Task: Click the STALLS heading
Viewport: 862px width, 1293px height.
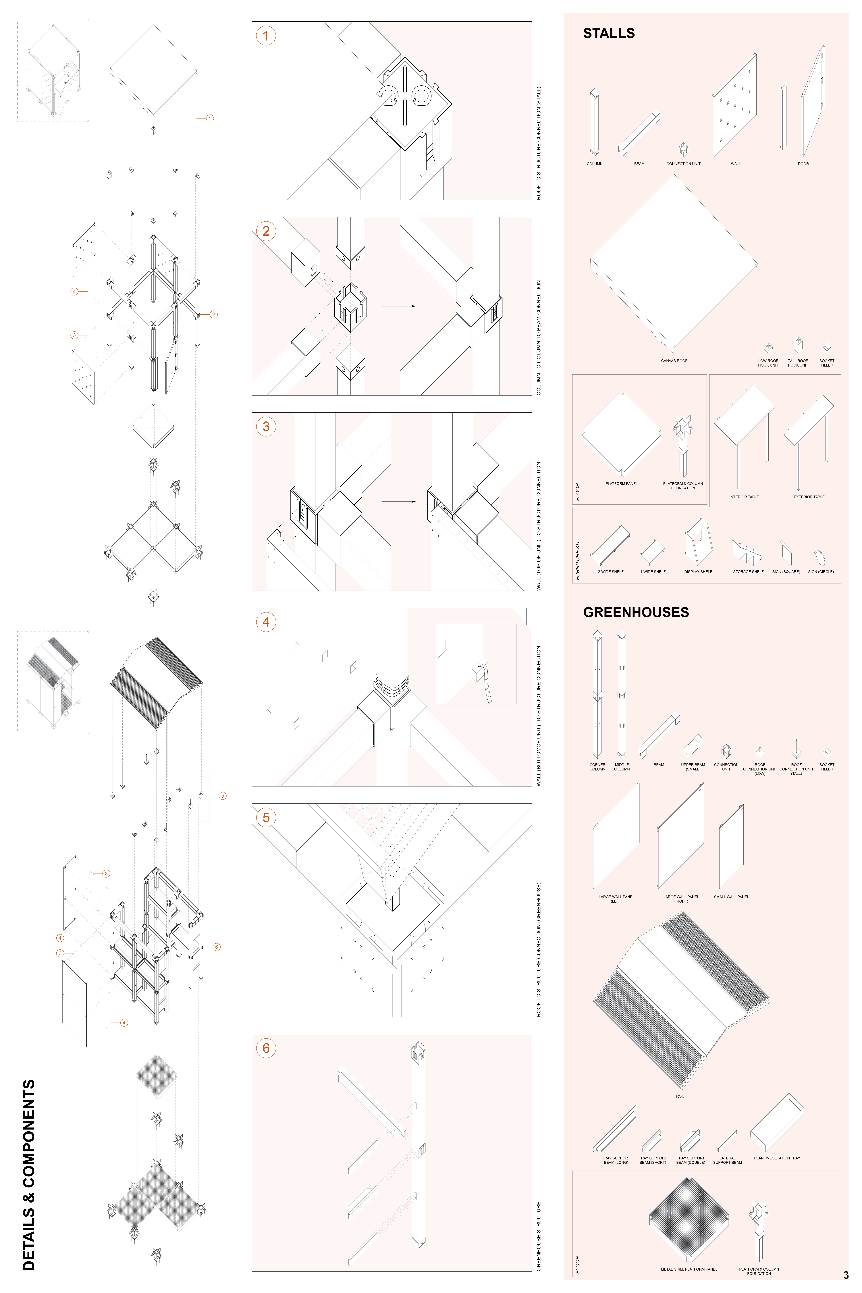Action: coord(609,34)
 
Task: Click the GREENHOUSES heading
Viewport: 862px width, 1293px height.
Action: coord(635,612)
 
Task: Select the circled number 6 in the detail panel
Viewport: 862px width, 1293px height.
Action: coord(266,1048)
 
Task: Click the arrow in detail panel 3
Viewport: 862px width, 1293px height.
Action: coord(398,501)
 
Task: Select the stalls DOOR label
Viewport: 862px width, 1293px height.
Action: coord(803,164)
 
